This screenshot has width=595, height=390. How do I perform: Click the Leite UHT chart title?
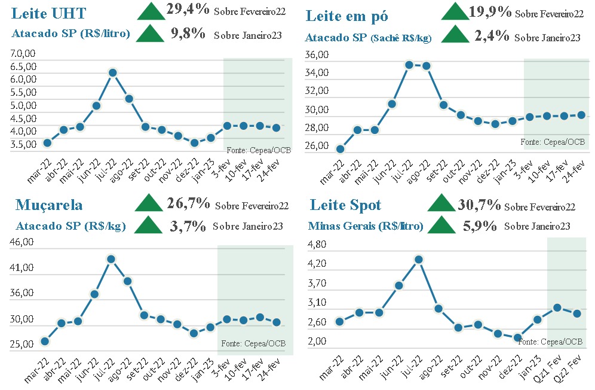49,13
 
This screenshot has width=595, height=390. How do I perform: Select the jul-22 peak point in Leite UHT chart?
112,73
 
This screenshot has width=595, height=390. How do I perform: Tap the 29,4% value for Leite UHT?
187,11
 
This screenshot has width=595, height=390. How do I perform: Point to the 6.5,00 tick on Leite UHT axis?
23,66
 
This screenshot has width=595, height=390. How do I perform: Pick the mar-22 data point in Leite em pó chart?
340,149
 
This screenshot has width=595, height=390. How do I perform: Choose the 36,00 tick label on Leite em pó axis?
317,55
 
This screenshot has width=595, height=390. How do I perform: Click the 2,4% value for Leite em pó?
492,36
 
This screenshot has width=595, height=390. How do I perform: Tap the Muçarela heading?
49,205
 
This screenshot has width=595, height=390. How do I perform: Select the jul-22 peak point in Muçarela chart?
111,259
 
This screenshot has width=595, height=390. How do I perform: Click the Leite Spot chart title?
345,205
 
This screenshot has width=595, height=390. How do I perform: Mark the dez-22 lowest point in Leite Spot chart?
517,338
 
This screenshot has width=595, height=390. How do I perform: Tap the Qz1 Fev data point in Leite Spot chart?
557,307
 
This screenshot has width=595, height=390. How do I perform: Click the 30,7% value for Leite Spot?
479,205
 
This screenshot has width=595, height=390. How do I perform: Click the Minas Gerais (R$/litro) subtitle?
366,226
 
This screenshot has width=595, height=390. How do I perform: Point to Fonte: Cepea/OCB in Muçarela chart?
253,343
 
